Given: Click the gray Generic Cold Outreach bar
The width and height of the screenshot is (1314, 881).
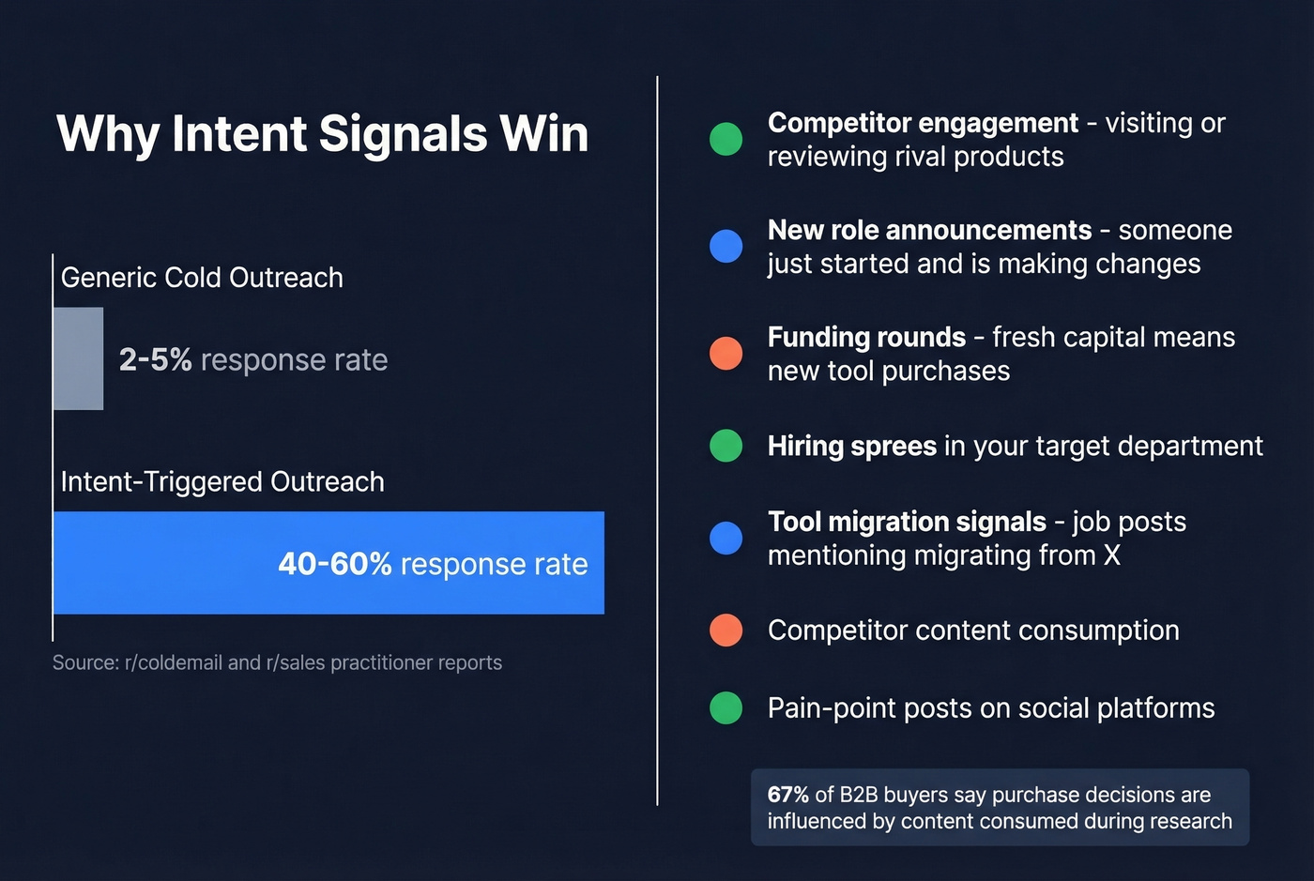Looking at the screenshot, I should pyautogui.click(x=78, y=358).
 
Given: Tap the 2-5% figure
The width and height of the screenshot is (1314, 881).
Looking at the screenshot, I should pyautogui.click(x=155, y=359).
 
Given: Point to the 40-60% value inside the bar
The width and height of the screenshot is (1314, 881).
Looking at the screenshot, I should pyautogui.click(x=334, y=564).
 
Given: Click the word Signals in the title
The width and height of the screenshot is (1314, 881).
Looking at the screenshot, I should pyautogui.click(x=403, y=134).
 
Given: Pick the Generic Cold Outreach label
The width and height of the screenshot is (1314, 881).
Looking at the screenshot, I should pyautogui.click(x=202, y=278).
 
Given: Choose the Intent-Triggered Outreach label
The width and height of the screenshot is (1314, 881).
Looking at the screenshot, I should pyautogui.click(x=222, y=482).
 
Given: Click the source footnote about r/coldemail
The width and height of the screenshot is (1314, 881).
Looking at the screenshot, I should pyautogui.click(x=277, y=662).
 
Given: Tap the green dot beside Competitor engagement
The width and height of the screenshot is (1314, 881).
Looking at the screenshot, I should pyautogui.click(x=726, y=139).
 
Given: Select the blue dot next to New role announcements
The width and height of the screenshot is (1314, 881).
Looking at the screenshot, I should pyautogui.click(x=726, y=246).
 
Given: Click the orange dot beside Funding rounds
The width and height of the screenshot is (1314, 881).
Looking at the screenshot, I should pyautogui.click(x=726, y=354).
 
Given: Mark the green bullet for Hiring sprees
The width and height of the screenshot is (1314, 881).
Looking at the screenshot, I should pyautogui.click(x=726, y=446).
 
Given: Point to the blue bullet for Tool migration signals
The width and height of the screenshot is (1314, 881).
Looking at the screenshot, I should pyautogui.click(x=726, y=538).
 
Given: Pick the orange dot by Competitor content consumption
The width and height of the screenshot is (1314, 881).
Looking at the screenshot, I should pyautogui.click(x=726, y=630).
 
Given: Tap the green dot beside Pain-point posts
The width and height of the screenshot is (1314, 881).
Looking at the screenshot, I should pyautogui.click(x=726, y=708).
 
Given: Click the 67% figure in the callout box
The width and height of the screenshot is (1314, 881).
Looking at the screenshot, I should pyautogui.click(x=787, y=795).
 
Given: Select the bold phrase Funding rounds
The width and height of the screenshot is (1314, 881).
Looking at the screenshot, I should pyautogui.click(x=866, y=338).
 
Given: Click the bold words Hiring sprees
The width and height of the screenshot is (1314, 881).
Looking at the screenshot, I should pyautogui.click(x=851, y=446).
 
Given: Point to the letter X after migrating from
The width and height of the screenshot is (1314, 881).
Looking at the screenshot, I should pyautogui.click(x=1111, y=555).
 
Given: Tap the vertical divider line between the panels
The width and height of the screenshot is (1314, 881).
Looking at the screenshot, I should pyautogui.click(x=657, y=441).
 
